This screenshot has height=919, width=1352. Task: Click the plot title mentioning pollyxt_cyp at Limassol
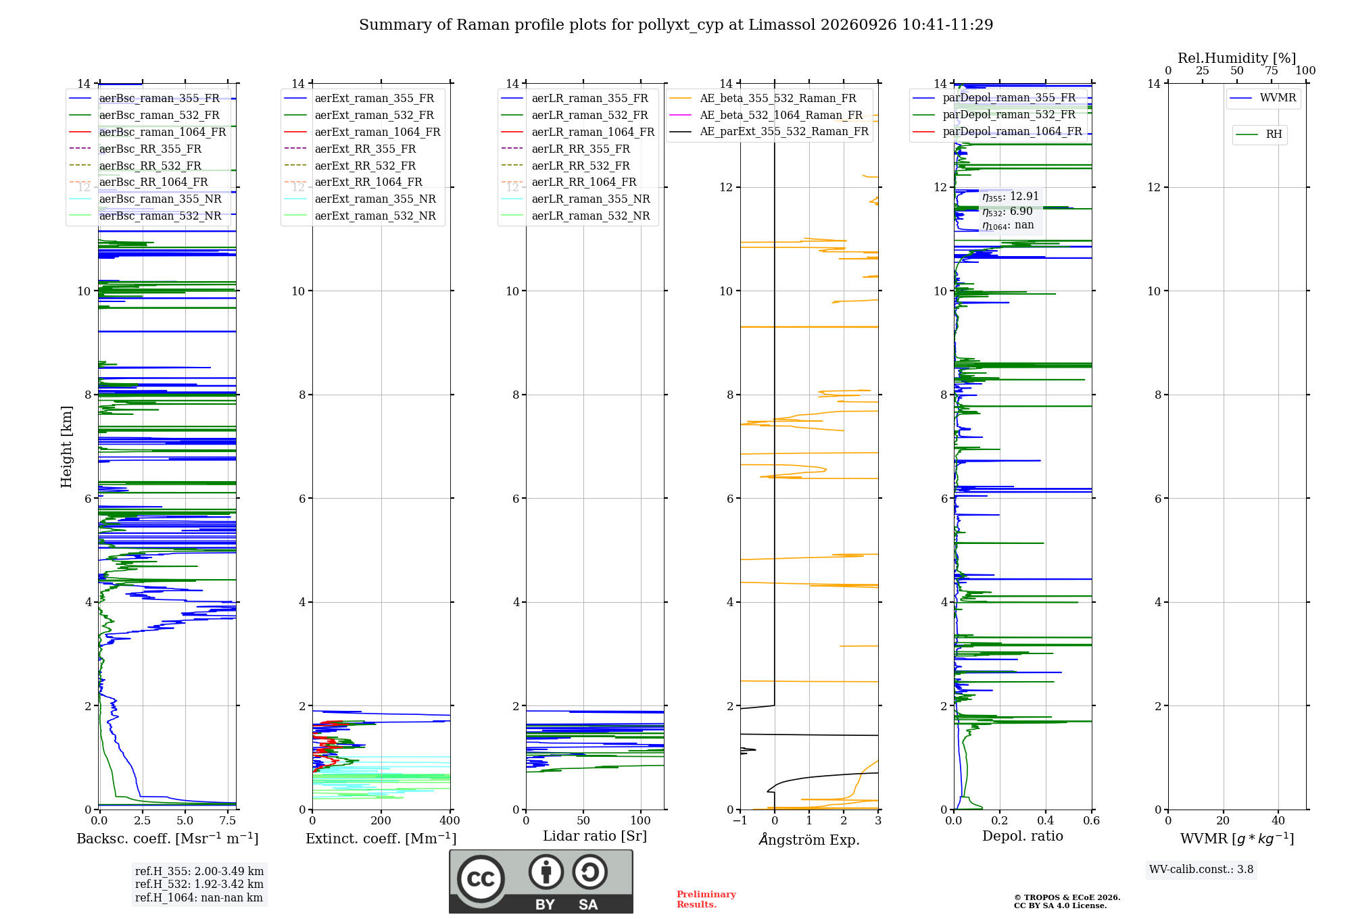[x=676, y=25]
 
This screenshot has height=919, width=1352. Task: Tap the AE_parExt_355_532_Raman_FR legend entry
[x=769, y=131]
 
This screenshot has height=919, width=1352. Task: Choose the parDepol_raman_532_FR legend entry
[x=994, y=114]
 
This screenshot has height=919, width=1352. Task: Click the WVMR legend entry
[x=1263, y=98]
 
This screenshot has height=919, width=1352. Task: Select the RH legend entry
[x=1259, y=134]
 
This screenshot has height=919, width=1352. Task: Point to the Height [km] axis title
[x=66, y=447]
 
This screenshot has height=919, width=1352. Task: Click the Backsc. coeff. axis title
[x=168, y=838]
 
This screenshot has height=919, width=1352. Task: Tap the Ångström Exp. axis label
[x=809, y=839]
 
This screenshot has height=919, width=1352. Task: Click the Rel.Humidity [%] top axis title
[x=1237, y=58]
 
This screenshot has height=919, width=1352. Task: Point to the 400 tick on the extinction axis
[x=450, y=820]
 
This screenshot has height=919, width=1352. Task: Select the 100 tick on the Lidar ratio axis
[x=641, y=820]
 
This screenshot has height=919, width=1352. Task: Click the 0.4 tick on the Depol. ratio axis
[x=1046, y=820]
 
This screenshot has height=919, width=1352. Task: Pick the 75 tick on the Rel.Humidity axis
[x=1272, y=70]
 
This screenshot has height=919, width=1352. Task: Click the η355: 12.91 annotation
[x=1011, y=197]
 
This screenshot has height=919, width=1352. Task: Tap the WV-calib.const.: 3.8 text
[x=1201, y=870]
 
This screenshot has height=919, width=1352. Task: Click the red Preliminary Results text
[x=706, y=899]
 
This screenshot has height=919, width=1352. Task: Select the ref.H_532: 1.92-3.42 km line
[x=199, y=884]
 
